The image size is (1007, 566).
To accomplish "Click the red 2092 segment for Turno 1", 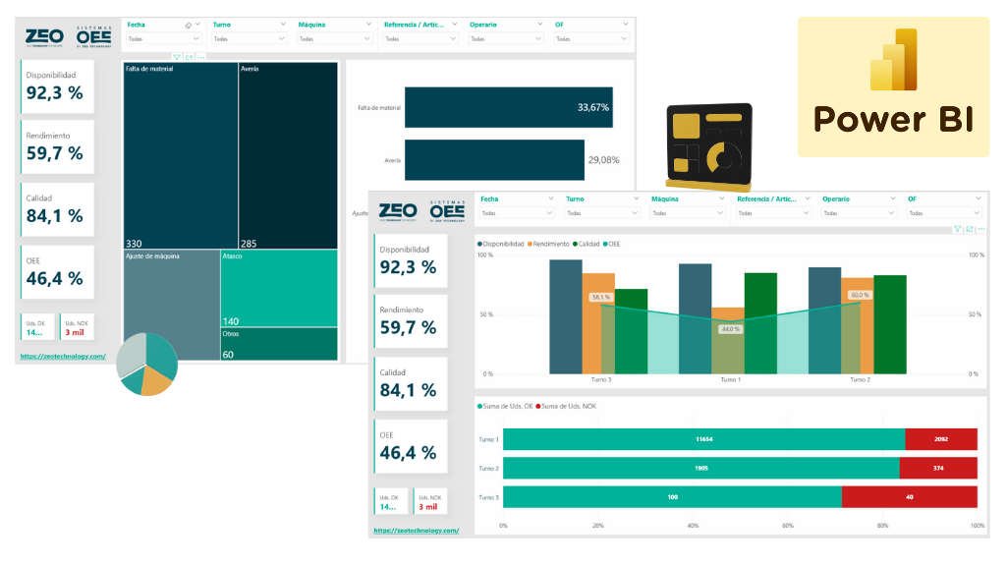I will [940, 439].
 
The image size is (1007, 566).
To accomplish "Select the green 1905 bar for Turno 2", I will [700, 468].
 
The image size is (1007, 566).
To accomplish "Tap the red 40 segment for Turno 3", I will [909, 497].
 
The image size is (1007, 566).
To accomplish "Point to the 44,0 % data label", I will [730, 329].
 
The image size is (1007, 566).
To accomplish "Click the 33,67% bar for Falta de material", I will [508, 107].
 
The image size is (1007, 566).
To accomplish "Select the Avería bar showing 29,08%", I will [494, 159].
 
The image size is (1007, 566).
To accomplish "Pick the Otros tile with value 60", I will [279, 344].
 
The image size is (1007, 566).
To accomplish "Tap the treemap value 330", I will [134, 243].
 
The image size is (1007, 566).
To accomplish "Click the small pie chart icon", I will [147, 364].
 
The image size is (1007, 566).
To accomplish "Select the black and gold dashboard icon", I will [707, 145].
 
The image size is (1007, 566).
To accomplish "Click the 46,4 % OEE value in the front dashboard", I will [408, 453].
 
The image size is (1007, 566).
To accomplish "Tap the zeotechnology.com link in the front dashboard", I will [418, 531].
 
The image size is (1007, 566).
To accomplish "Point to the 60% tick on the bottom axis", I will [788, 526].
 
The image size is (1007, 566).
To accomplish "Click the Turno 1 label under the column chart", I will [730, 379].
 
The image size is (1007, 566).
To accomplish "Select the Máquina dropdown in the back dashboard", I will [333, 38].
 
